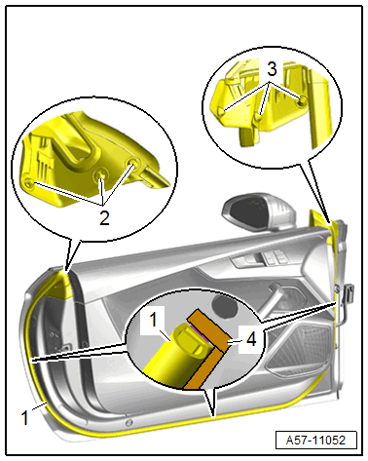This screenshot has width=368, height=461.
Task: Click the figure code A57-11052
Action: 315,440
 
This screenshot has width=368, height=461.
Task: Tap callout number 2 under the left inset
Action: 104,218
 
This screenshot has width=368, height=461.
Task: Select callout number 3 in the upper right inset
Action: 272,69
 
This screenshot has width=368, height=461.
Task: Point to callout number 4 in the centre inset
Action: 251,339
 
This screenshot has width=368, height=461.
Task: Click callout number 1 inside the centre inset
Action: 154,320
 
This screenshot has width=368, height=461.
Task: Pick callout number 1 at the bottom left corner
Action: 24,417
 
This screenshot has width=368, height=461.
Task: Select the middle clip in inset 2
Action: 101,175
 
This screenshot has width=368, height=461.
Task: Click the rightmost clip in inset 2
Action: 133,163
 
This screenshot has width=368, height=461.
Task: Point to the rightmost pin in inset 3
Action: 303,99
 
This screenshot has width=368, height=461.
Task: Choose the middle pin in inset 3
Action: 258,117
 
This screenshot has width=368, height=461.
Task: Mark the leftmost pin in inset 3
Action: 221,111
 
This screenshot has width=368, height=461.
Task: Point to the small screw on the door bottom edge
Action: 129,422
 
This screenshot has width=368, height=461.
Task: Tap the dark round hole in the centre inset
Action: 224,305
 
